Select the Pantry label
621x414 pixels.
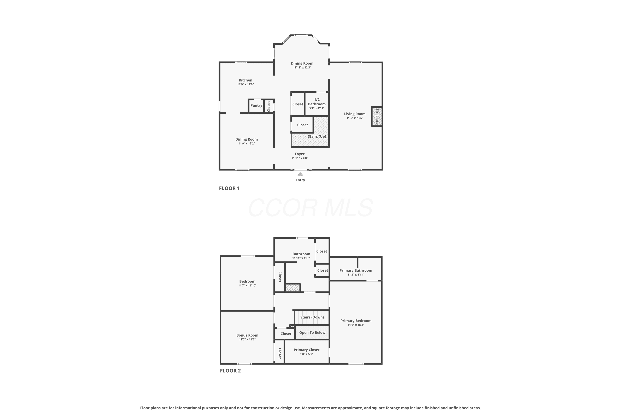(x=256, y=105)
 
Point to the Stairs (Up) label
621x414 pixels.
(x=317, y=136)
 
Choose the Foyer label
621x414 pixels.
(x=300, y=154)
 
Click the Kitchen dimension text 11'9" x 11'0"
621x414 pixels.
(x=246, y=84)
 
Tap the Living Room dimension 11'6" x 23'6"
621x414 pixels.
(x=355, y=118)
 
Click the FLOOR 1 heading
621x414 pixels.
(x=229, y=188)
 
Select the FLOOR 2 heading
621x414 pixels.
(x=230, y=371)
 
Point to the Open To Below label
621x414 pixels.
(x=312, y=333)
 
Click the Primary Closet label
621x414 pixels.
(x=307, y=350)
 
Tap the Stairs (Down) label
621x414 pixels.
(x=312, y=317)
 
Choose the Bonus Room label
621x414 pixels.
(x=247, y=335)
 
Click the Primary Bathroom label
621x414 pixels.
(x=356, y=270)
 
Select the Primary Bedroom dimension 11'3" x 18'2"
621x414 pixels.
(x=356, y=325)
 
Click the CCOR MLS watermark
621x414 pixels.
(x=310, y=208)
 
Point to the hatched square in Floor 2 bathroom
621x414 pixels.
(x=292, y=288)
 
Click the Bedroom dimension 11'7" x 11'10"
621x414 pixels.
(x=247, y=286)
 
